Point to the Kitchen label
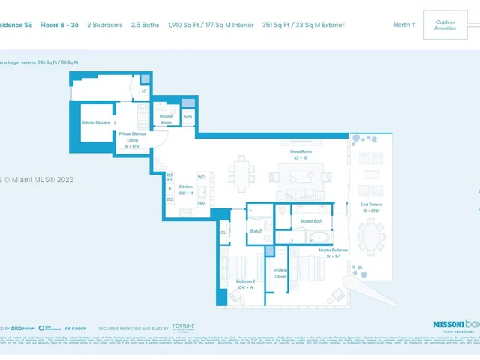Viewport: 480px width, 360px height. pyautogui.click(x=186, y=187)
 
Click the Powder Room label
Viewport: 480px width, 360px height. pyautogui.click(x=166, y=119)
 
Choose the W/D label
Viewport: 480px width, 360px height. pyautogui.click(x=187, y=117)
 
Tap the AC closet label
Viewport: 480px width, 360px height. pyautogui.click(x=145, y=91)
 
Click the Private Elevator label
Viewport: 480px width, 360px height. pyautogui.click(x=96, y=123)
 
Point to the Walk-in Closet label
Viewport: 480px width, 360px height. pyautogui.click(x=280, y=273)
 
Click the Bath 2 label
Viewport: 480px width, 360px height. pyautogui.click(x=256, y=231)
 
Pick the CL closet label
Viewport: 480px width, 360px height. pyautogui.click(x=223, y=232)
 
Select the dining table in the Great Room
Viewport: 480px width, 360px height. pyautogui.click(x=241, y=173)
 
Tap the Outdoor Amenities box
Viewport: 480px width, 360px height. pyautogui.click(x=445, y=25)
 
